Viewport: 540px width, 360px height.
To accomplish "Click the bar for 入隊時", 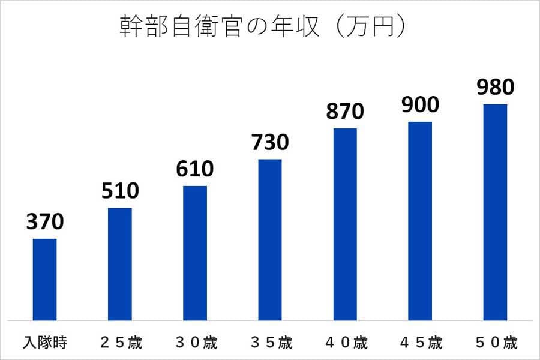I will coord(44,280).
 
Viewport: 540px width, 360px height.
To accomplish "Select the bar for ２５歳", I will coord(119,264).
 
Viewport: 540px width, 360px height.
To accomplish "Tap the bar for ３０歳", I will coord(195,253).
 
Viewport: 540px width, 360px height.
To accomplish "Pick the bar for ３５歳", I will coord(270,240).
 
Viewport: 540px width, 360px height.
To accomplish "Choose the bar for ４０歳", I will coord(345,224).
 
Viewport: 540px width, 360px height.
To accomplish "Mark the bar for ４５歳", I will coord(420,221).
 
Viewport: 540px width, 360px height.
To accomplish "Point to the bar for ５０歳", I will coord(495,212).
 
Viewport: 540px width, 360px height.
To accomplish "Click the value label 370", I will coord(44,223).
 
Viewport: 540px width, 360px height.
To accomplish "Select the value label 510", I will coord(119,191).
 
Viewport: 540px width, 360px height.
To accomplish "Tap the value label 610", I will coord(195,169).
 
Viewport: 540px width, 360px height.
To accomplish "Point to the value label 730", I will coord(270,143).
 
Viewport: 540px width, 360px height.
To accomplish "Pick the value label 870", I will coord(345,112).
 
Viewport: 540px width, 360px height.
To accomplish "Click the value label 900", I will coord(420,105).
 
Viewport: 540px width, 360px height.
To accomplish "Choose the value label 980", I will coord(495,88).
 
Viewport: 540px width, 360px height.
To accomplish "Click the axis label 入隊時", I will coord(44,343).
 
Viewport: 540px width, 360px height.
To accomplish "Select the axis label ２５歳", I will coord(119,343).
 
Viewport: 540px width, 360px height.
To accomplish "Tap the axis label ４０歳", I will coord(345,343).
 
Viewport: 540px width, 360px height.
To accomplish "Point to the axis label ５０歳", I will coord(495,343).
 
